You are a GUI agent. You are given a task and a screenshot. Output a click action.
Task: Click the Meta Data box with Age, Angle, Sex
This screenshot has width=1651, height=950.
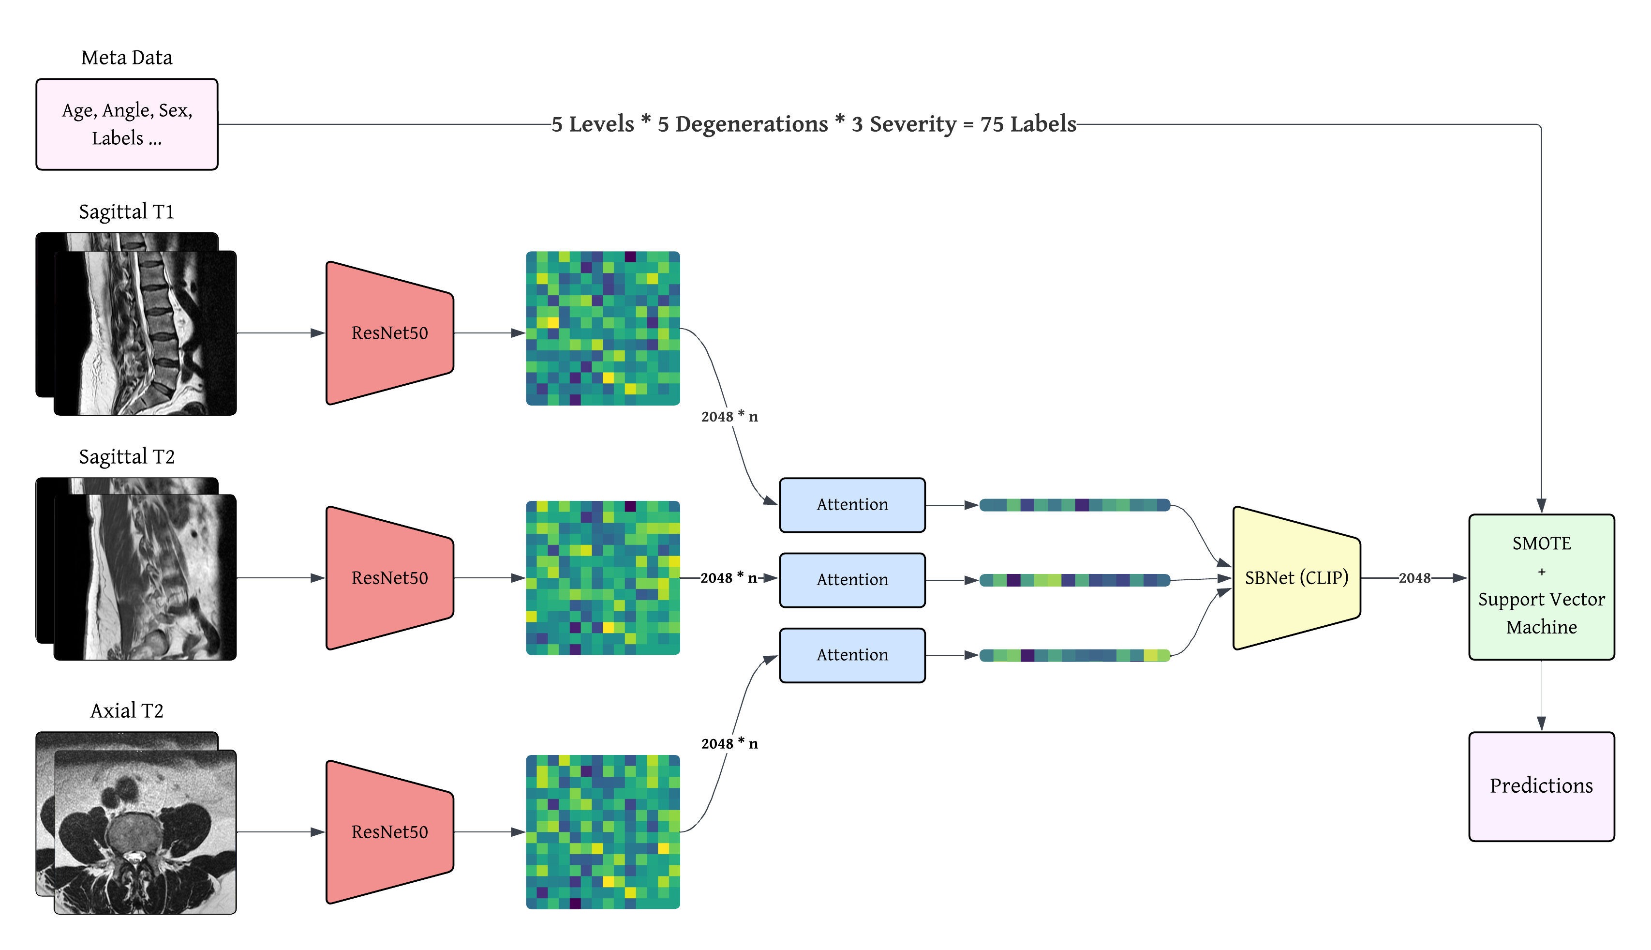click(127, 124)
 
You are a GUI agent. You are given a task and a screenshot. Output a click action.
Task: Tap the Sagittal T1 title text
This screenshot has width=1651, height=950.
click(127, 211)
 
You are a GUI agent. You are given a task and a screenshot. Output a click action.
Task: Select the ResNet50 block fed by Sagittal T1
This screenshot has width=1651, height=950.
click(389, 333)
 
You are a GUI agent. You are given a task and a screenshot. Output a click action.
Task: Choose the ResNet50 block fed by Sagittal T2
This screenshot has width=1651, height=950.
click(389, 577)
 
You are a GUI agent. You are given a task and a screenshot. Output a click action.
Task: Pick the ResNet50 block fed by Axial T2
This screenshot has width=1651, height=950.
click(389, 832)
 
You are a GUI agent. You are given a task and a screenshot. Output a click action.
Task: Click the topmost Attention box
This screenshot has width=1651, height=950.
click(851, 504)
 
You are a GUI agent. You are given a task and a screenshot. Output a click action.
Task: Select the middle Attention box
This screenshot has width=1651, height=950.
click(851, 579)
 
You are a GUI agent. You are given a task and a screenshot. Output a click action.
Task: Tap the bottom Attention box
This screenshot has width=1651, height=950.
click(851, 654)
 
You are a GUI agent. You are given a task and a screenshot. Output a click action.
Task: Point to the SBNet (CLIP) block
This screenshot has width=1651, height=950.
click(1295, 577)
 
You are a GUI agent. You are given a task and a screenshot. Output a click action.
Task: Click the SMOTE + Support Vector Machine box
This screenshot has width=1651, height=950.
click(1541, 586)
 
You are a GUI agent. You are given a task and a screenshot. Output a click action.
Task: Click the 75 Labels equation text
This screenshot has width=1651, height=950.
click(813, 124)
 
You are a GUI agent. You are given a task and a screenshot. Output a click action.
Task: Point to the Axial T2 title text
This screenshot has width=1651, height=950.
click(127, 710)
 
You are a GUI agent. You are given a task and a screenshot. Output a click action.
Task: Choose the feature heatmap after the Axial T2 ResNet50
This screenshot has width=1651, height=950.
click(603, 832)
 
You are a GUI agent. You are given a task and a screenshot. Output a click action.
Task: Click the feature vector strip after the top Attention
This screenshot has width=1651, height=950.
click(1074, 504)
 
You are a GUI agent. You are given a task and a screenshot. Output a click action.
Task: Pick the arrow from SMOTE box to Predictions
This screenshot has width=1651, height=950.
click(1541, 695)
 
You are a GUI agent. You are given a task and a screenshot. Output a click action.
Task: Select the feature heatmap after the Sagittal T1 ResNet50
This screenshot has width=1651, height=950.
click(603, 328)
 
